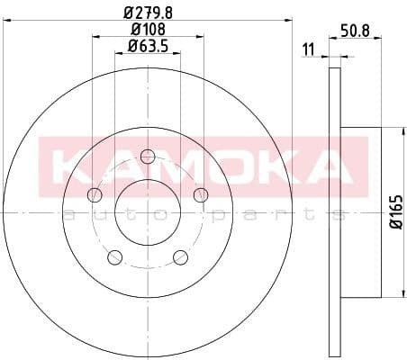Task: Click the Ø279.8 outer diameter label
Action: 148,12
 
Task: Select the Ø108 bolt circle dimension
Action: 148,30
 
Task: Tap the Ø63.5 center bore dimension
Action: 148,47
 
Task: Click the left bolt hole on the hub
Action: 94,195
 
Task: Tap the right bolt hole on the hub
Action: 202,194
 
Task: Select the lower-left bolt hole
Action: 114,258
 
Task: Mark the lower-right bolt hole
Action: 181,258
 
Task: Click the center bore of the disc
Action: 148,212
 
